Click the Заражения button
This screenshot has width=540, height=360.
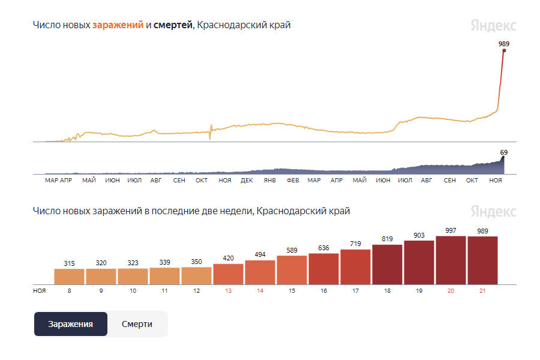click(x=70, y=324)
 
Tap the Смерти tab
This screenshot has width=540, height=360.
click(x=137, y=324)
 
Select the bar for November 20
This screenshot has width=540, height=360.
click(x=451, y=260)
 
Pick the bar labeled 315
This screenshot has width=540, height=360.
click(x=70, y=276)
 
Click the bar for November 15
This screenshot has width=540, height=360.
click(x=292, y=270)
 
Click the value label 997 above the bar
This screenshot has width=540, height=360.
click(x=451, y=231)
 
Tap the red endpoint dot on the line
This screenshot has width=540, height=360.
click(x=504, y=50)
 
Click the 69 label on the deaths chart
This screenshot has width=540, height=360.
click(x=504, y=152)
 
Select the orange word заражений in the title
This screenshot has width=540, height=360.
click(x=118, y=25)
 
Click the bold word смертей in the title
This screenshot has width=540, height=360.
click(x=173, y=25)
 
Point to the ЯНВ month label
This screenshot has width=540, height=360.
click(x=269, y=180)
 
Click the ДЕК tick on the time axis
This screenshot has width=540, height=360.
click(x=247, y=180)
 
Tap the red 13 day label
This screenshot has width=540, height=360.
click(x=227, y=290)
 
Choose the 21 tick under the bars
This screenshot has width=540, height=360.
click(x=483, y=290)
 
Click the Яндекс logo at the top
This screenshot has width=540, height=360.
click(x=493, y=26)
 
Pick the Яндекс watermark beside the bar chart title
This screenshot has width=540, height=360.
click(x=493, y=211)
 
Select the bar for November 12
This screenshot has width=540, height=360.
click(x=196, y=275)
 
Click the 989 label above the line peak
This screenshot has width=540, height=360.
click(x=504, y=44)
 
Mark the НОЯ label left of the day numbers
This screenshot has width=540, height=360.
click(x=40, y=290)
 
